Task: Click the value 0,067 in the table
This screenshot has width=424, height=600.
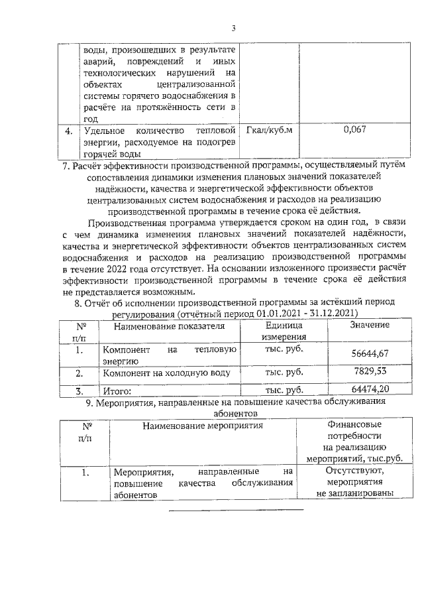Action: coord(355,130)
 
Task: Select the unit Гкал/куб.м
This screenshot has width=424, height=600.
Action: coord(268,130)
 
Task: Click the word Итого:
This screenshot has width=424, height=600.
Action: coord(116,391)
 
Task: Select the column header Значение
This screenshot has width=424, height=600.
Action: coord(369,326)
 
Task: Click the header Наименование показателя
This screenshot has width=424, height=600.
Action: coord(169,326)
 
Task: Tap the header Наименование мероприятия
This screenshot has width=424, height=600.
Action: coord(203,425)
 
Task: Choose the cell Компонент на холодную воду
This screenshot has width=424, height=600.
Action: coord(166,373)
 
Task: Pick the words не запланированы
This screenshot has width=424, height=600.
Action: coord(355,493)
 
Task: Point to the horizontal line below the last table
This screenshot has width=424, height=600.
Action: coord(237,510)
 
